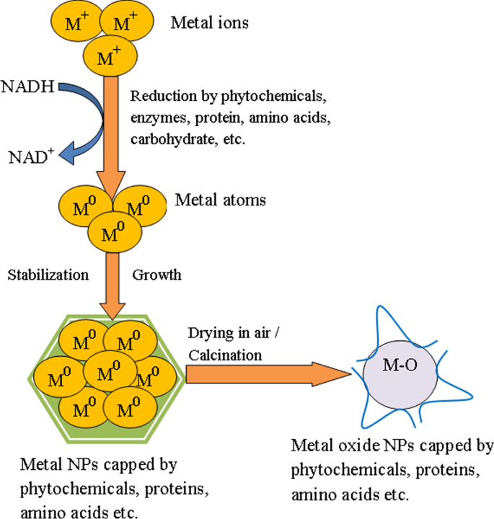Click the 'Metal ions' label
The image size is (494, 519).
tap(209, 23)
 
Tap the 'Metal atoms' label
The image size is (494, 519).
tap(220, 200)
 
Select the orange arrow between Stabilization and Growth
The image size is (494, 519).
tap(115, 281)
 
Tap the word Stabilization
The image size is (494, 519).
tap(48, 275)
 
